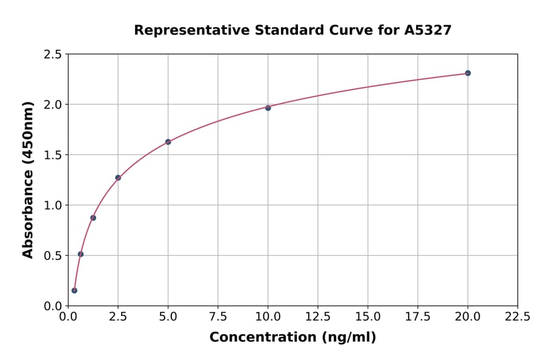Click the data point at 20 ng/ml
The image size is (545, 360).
pos(467,73)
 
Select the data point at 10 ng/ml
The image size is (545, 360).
pos(268,108)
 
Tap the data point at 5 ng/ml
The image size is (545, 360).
pos(168,142)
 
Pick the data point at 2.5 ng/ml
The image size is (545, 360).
pos(118,178)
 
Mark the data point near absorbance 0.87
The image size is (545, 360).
pos(93,218)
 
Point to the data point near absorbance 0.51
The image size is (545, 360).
pos(81,254)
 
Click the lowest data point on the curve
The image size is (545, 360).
pos(74,290)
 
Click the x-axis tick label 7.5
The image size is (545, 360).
pos(218,316)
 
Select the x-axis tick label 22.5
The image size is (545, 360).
pos(517,316)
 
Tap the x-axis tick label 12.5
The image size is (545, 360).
pos(317,316)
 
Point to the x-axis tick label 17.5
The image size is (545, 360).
pos(417,316)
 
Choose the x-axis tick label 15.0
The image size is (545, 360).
pos(368,316)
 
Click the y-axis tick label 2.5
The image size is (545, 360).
pos(52,55)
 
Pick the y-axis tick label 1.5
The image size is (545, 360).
pos(52,155)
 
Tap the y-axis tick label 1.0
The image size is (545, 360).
pos(52,205)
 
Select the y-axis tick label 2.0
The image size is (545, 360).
pos(52,105)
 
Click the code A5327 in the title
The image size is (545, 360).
pos(428,30)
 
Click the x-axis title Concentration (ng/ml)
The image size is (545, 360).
pos(292,338)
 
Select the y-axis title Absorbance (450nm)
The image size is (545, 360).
pos(28,179)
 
